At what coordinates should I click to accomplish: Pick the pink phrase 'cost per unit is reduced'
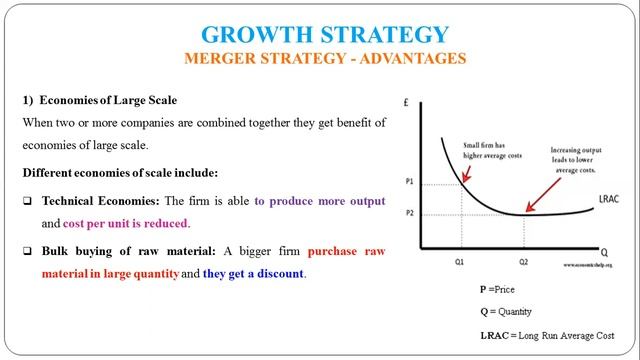tap(125, 223)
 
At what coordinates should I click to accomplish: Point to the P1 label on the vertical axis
tap(409, 183)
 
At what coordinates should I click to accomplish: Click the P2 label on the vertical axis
tap(409, 214)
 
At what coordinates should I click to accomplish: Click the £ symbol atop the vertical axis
tap(404, 102)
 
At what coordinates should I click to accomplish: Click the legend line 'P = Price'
tap(500, 289)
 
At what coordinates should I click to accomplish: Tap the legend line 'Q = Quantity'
tap(507, 311)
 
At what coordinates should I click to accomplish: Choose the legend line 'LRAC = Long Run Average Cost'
tap(545, 334)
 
